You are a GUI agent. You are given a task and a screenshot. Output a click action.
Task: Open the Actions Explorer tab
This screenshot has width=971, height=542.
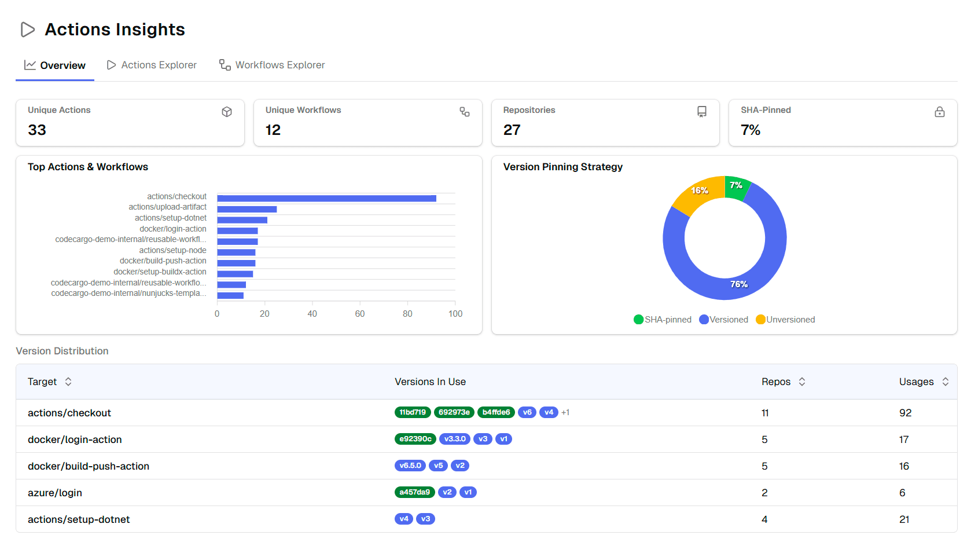point(152,65)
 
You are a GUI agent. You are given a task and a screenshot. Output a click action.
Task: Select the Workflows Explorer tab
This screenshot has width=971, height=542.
point(272,65)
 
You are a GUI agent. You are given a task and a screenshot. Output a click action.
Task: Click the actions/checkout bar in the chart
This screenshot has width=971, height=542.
point(326,199)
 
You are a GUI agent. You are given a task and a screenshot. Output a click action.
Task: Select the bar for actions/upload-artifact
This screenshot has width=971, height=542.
point(247,209)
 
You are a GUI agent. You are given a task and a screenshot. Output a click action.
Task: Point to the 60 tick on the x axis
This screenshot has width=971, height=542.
point(360,313)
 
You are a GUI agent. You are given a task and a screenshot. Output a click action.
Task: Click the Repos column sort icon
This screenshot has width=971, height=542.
point(802,382)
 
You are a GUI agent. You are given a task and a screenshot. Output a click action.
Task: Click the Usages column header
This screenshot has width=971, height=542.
point(917,382)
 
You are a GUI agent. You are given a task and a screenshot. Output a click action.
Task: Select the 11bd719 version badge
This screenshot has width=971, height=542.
point(413,412)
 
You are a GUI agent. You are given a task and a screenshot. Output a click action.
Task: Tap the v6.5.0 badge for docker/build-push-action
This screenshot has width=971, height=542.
point(410,466)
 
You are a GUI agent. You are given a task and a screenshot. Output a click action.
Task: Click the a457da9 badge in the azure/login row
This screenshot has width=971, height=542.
point(414,492)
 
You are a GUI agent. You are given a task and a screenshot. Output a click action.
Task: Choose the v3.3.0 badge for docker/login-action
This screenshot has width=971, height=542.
point(455,439)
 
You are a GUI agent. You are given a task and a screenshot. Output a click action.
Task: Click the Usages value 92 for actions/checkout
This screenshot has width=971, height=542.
point(905,413)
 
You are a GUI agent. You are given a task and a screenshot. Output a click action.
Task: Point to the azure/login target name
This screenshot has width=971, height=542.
point(55,493)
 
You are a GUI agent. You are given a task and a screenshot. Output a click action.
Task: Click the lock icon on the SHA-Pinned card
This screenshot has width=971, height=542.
point(939,112)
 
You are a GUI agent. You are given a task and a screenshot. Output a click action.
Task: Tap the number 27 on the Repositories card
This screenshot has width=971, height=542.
point(512,130)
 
